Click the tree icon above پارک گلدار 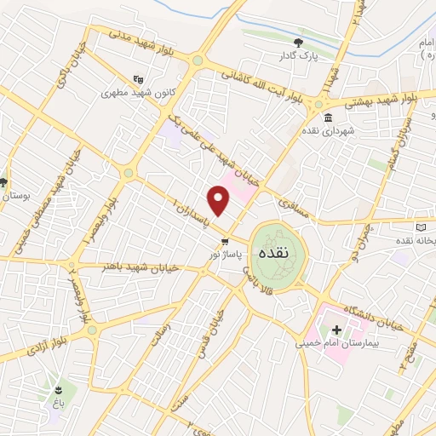click(297, 43)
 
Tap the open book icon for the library click(423, 228)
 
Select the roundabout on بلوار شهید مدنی click(198, 60)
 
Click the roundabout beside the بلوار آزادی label click(91, 330)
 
